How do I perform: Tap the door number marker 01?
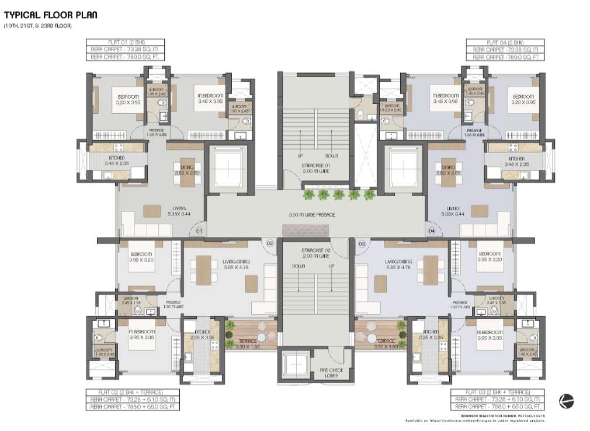199,231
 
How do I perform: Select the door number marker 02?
270,242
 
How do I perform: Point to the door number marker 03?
362,242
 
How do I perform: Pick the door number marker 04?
432,231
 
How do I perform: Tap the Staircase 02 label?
316,253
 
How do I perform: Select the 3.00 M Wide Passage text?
312,215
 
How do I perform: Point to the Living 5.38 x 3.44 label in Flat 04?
453,211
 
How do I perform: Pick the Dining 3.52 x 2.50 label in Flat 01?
188,170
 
